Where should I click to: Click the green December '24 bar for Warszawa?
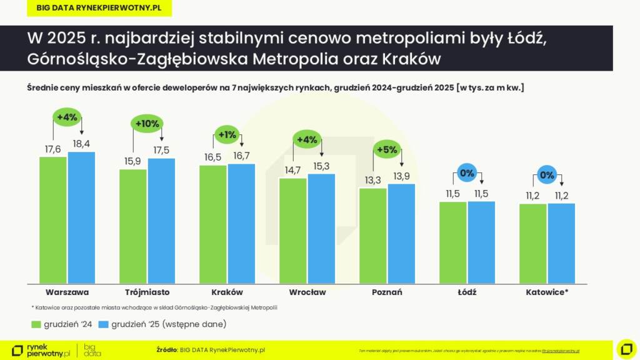pyautogui.click(x=53, y=219)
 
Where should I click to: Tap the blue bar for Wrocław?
pyautogui.click(x=321, y=228)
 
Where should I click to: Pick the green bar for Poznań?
pyautogui.click(x=372, y=235)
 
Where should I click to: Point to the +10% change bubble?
pyautogui.click(x=147, y=124)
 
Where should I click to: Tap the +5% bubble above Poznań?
pyautogui.click(x=386, y=149)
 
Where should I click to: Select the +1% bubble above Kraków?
pyautogui.click(x=227, y=134)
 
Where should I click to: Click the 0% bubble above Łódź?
pyautogui.click(x=467, y=173)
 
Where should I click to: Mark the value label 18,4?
pyautogui.click(x=81, y=144)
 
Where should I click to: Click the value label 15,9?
pyautogui.click(x=132, y=161)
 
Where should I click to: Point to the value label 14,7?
pyautogui.click(x=292, y=170)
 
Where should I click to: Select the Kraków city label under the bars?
pyautogui.click(x=227, y=292)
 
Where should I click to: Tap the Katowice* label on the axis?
pyautogui.click(x=547, y=292)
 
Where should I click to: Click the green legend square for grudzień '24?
pyautogui.click(x=36, y=324)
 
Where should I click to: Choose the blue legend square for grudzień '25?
pyautogui.click(x=104, y=324)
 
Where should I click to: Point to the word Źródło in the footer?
pyautogui.click(x=166, y=350)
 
